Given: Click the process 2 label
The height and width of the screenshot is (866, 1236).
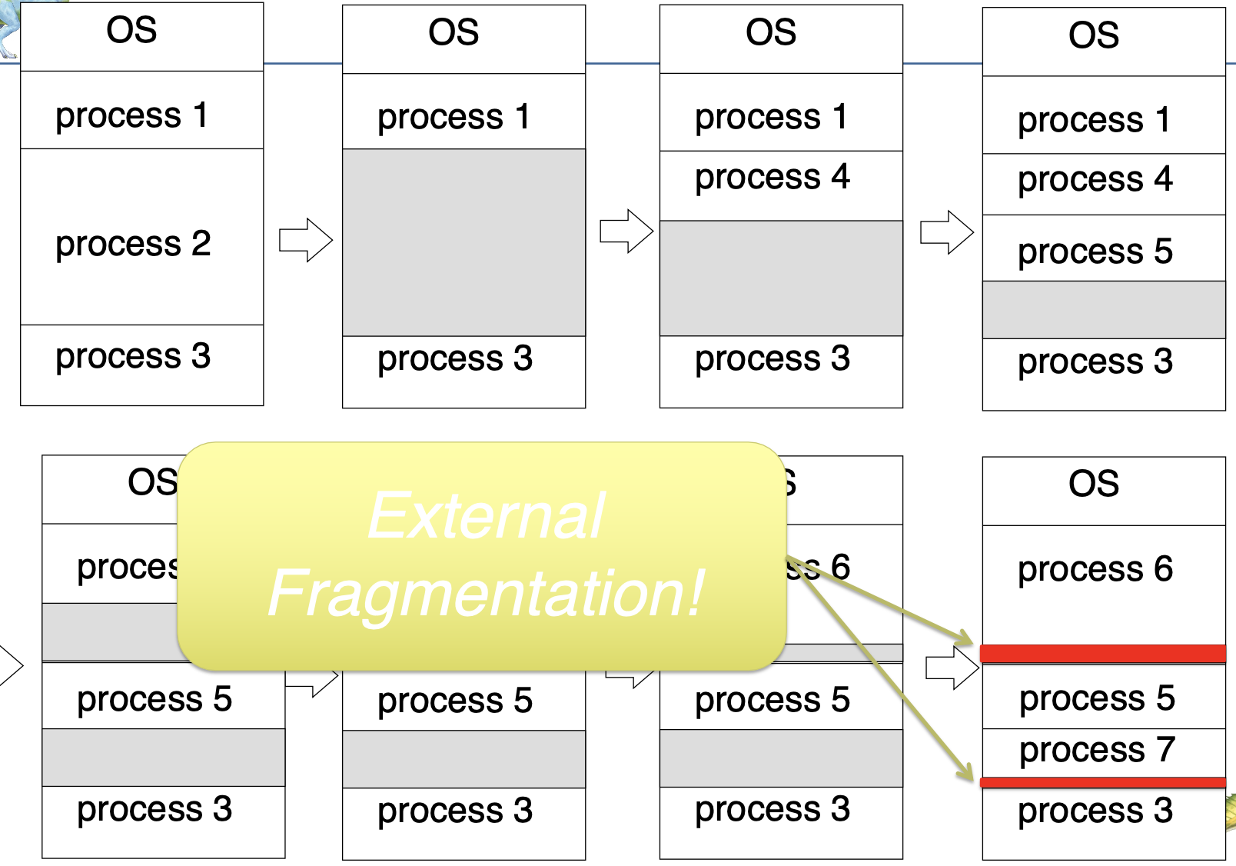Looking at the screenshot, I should tap(133, 244).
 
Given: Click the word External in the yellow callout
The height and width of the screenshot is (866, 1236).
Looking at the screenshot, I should tap(486, 515).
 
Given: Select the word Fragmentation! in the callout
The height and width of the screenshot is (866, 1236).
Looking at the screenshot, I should tap(486, 593).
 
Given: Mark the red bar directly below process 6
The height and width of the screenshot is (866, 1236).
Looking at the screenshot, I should tap(1103, 654).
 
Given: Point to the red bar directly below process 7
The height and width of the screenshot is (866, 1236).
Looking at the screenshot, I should tap(1103, 782).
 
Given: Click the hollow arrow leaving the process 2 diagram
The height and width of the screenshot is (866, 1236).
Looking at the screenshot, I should tap(305, 240).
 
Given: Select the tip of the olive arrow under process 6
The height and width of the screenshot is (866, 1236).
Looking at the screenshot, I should tap(969, 641).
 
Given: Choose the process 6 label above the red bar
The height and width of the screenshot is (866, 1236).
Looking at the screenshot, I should tap(1095, 569).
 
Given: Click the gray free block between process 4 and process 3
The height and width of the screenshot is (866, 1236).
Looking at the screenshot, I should tap(781, 278).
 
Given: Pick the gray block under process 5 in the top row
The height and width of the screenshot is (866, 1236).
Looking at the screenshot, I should tap(1104, 309).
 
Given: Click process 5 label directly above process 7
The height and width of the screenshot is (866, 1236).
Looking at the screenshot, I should tap(1097, 698).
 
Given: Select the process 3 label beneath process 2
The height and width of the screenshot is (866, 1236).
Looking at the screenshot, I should tap(133, 356).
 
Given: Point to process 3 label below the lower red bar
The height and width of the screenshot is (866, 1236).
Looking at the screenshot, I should tap(1095, 811).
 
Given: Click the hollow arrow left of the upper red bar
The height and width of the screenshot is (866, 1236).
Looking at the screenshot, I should tap(952, 667).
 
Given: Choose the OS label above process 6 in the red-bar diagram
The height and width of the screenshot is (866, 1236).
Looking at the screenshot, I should tap(1094, 484).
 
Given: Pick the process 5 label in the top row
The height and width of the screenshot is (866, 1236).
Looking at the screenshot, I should tap(1095, 251).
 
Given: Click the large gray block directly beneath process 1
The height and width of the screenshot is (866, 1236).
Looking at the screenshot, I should tap(463, 242).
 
